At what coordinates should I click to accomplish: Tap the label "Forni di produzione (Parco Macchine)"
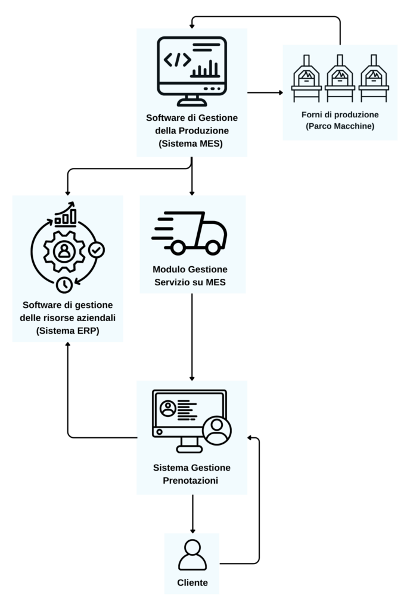pyautogui.click(x=340, y=120)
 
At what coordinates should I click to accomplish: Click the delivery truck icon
pyautogui.click(x=190, y=233)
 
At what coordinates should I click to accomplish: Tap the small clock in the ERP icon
pyautogui.click(x=64, y=284)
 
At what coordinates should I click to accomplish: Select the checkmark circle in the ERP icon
pyautogui.click(x=96, y=250)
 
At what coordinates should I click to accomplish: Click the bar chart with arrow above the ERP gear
pyautogui.click(x=66, y=214)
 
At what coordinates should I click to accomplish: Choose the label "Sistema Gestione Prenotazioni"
pyautogui.click(x=191, y=474)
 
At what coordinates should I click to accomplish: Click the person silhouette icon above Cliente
pyautogui.click(x=192, y=555)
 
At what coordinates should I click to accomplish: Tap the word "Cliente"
pyautogui.click(x=192, y=583)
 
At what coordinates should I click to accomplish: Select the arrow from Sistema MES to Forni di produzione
pyautogui.click(x=265, y=92)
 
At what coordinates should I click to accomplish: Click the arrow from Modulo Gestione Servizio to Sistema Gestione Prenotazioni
pyautogui.click(x=192, y=337)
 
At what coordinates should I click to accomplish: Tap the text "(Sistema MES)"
pyautogui.click(x=191, y=143)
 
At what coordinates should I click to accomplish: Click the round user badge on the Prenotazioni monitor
pyautogui.click(x=216, y=430)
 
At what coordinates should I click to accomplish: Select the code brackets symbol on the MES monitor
pyautogui.click(x=178, y=59)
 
